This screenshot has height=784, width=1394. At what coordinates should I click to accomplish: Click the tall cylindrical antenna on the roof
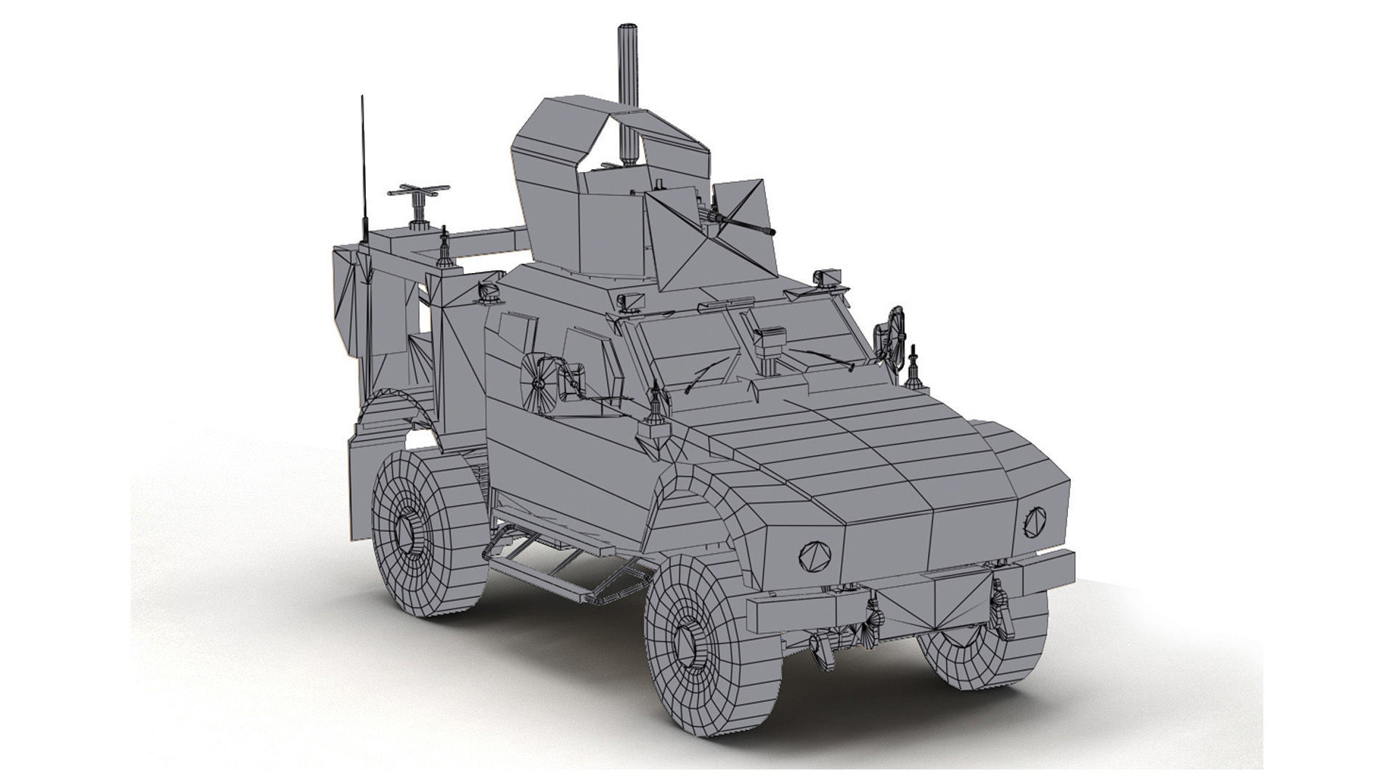pyautogui.click(x=627, y=87)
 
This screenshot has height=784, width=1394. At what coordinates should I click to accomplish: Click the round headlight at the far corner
pyautogui.click(x=1034, y=519)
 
